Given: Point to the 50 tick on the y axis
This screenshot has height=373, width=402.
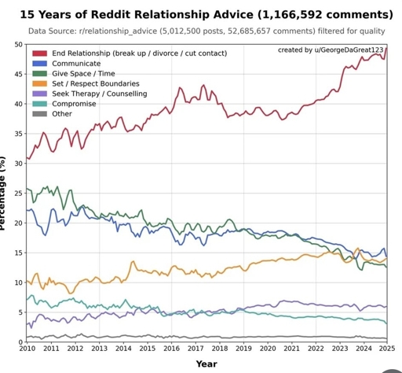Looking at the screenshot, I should coord(18,45).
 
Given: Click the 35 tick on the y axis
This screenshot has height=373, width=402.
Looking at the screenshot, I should coord(18,134).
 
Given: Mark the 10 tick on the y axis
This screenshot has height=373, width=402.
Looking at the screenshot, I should coord(18,283).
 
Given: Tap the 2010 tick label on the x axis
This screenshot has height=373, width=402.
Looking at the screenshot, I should coord(27,349).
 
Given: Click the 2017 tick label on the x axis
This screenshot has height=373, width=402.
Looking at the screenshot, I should coord(195,349).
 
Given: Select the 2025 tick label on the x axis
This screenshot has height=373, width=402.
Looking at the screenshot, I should coord(386,349).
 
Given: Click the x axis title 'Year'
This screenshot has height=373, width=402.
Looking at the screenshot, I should coord(206,364).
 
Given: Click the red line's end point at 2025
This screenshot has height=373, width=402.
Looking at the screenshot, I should coord(387,49).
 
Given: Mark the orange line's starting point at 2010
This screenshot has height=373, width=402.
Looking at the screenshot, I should coord(27,282).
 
